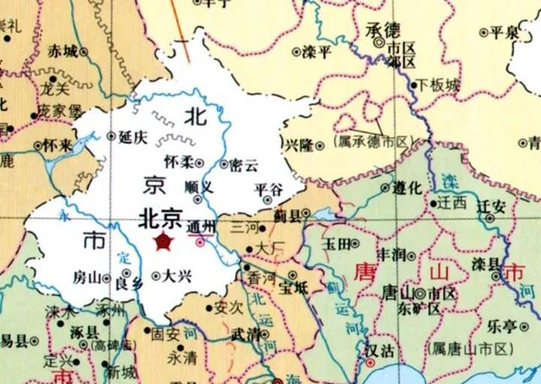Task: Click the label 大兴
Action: [178, 275]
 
